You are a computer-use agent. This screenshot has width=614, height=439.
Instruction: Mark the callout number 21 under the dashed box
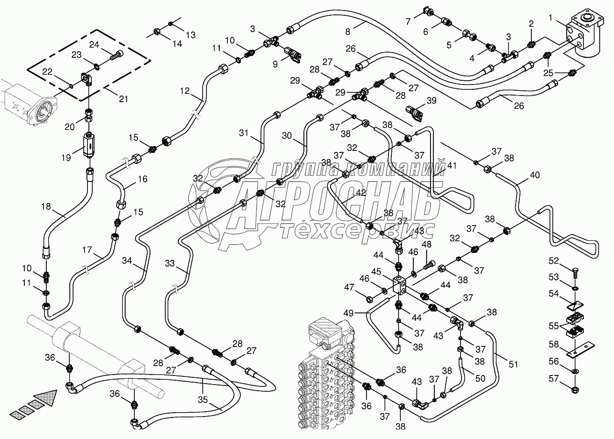[x=123, y=99]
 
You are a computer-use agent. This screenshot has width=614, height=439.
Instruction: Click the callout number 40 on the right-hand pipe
[x=534, y=175]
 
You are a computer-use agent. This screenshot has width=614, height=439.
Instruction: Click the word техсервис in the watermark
[x=356, y=231]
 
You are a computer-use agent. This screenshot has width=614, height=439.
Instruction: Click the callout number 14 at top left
[x=177, y=43]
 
